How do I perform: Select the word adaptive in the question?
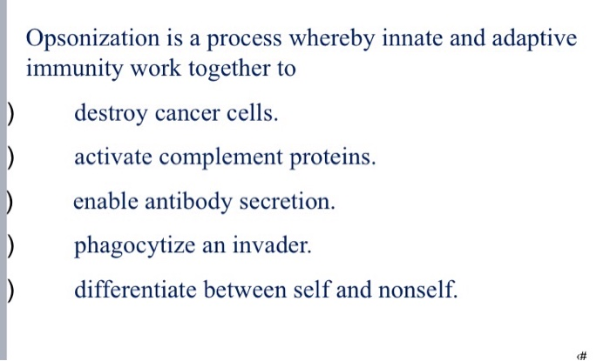click(x=533, y=40)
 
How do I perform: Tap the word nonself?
click(x=418, y=290)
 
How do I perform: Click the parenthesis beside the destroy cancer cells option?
click(x=7, y=113)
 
